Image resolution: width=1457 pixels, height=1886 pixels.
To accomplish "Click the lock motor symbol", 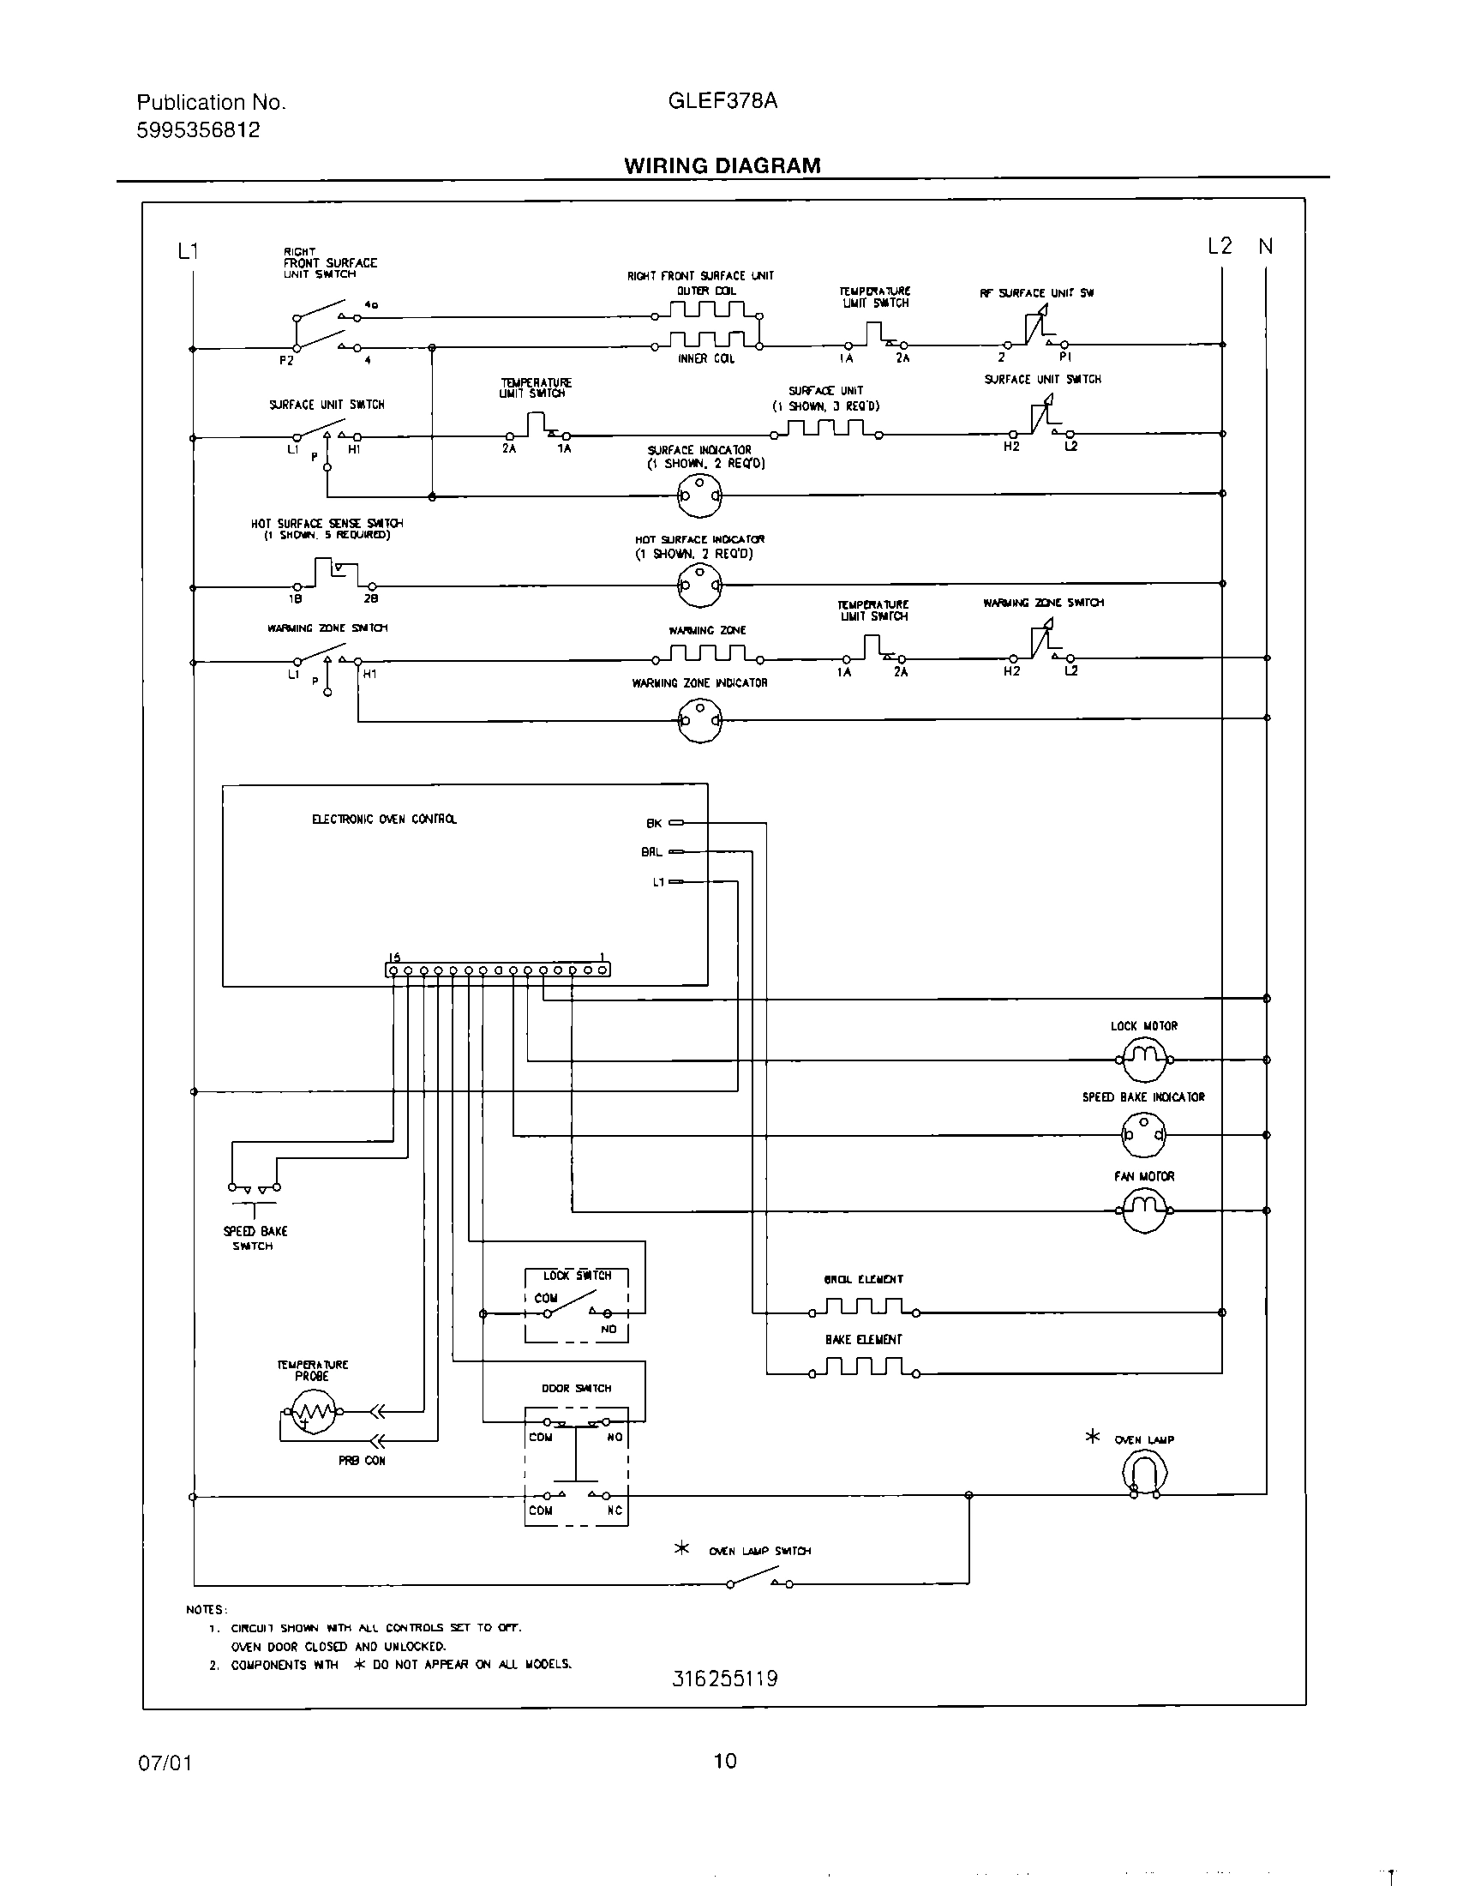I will click(1143, 1059).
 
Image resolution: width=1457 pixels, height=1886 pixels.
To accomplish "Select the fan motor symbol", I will click(1143, 1210).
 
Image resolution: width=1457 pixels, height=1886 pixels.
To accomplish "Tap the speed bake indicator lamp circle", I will click(1142, 1135).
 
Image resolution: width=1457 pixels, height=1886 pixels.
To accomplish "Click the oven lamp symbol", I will click(1144, 1470).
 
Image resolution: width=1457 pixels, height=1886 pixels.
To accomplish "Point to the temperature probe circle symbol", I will click(314, 1413).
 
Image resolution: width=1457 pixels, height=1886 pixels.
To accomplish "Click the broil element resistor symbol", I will click(863, 1308).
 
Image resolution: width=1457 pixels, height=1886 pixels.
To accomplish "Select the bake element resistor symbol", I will click(863, 1369).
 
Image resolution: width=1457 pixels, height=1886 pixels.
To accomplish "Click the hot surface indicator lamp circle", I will click(699, 585).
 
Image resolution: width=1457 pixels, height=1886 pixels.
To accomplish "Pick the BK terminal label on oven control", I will click(654, 824).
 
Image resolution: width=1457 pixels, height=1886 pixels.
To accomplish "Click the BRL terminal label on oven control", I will click(651, 852).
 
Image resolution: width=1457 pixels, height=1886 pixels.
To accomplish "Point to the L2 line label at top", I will click(1219, 247).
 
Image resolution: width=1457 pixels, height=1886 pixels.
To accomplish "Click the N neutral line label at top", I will click(1265, 247).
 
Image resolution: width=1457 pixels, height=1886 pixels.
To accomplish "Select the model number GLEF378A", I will click(723, 101).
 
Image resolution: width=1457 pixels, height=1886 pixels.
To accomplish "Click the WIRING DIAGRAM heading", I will click(723, 165).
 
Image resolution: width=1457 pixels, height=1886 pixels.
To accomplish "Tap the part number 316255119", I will click(724, 1679).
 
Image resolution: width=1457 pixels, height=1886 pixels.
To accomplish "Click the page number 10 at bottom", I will click(725, 1760).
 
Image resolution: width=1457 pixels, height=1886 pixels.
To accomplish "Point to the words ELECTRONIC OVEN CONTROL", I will click(384, 819).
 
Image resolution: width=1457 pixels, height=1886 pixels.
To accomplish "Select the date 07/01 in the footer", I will click(165, 1763).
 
